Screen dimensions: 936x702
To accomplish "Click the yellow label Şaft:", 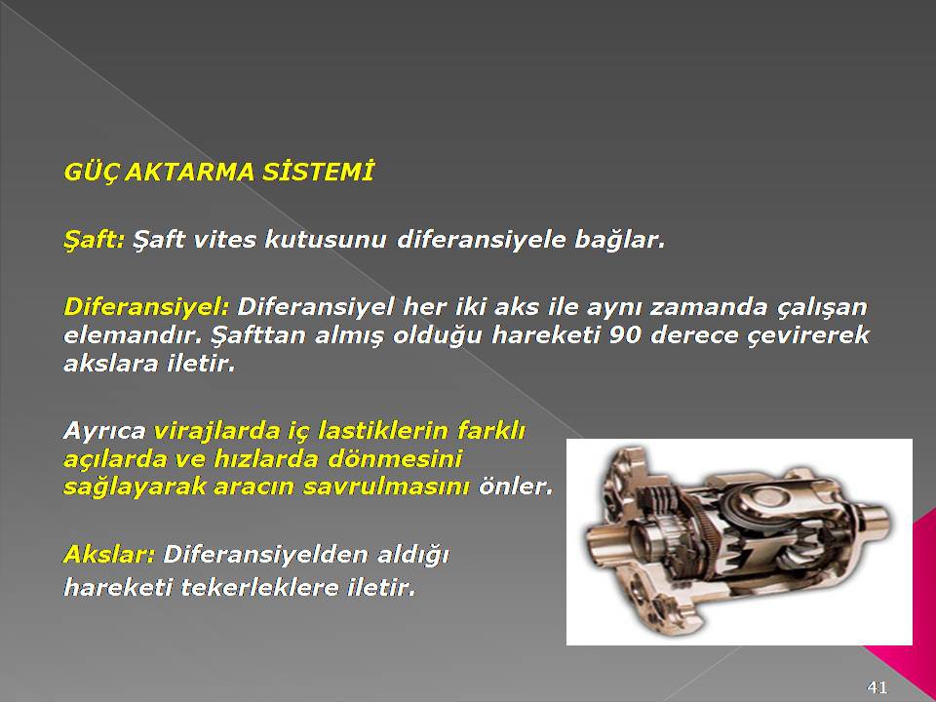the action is [x=95, y=240].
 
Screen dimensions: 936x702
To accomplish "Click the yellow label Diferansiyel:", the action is [x=146, y=307].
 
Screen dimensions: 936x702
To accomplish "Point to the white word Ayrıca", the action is [x=104, y=431].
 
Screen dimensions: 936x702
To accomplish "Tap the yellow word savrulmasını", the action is [x=386, y=487].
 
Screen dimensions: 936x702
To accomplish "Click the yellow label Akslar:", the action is [x=109, y=555].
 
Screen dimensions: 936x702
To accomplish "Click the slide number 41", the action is [x=877, y=687].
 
